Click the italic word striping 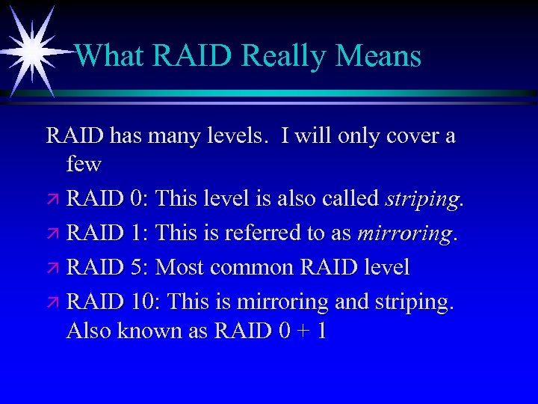tap(422, 200)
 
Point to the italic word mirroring tap(404, 234)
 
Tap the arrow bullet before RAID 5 tap(52, 268)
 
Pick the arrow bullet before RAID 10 tap(52, 302)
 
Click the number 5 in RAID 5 tap(136, 267)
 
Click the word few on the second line tap(83, 163)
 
